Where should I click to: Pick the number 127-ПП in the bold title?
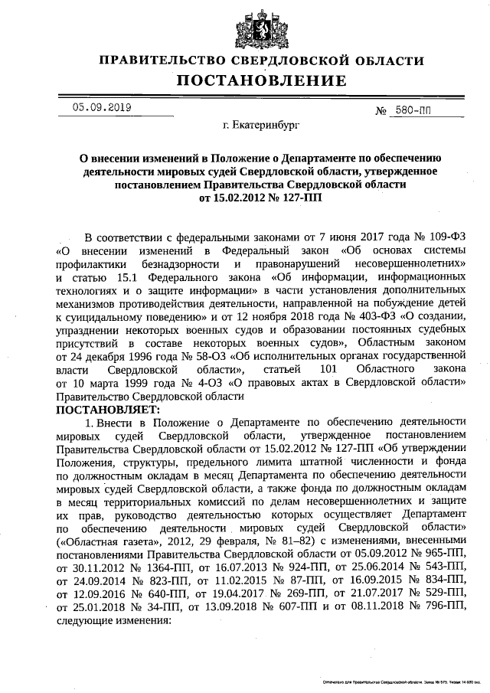tap(297, 197)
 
